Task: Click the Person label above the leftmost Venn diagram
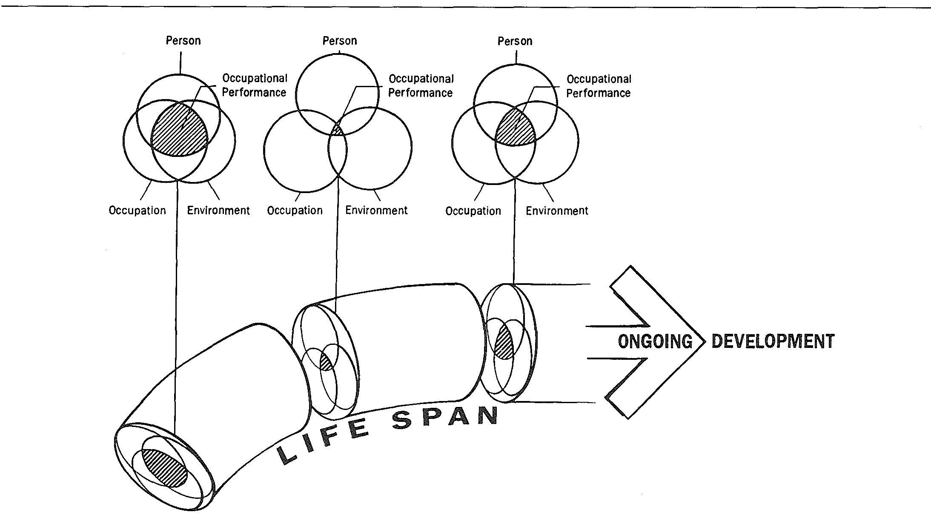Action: point(183,41)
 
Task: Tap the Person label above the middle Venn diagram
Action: point(339,41)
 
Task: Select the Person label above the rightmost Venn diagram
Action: point(515,41)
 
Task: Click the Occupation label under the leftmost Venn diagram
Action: point(137,210)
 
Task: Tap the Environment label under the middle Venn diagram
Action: point(376,210)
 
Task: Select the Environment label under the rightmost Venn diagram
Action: point(556,211)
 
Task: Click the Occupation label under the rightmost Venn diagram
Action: point(473,211)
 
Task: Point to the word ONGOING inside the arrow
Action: point(655,341)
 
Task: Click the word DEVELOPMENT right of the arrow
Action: point(773,341)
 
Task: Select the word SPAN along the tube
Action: point(445,418)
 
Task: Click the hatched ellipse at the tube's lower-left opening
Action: point(165,468)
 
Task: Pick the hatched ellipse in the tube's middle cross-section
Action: point(326,362)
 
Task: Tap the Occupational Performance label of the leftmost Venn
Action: point(255,85)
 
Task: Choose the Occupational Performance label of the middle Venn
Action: point(421,86)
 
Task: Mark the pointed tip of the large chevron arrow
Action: point(705,342)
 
